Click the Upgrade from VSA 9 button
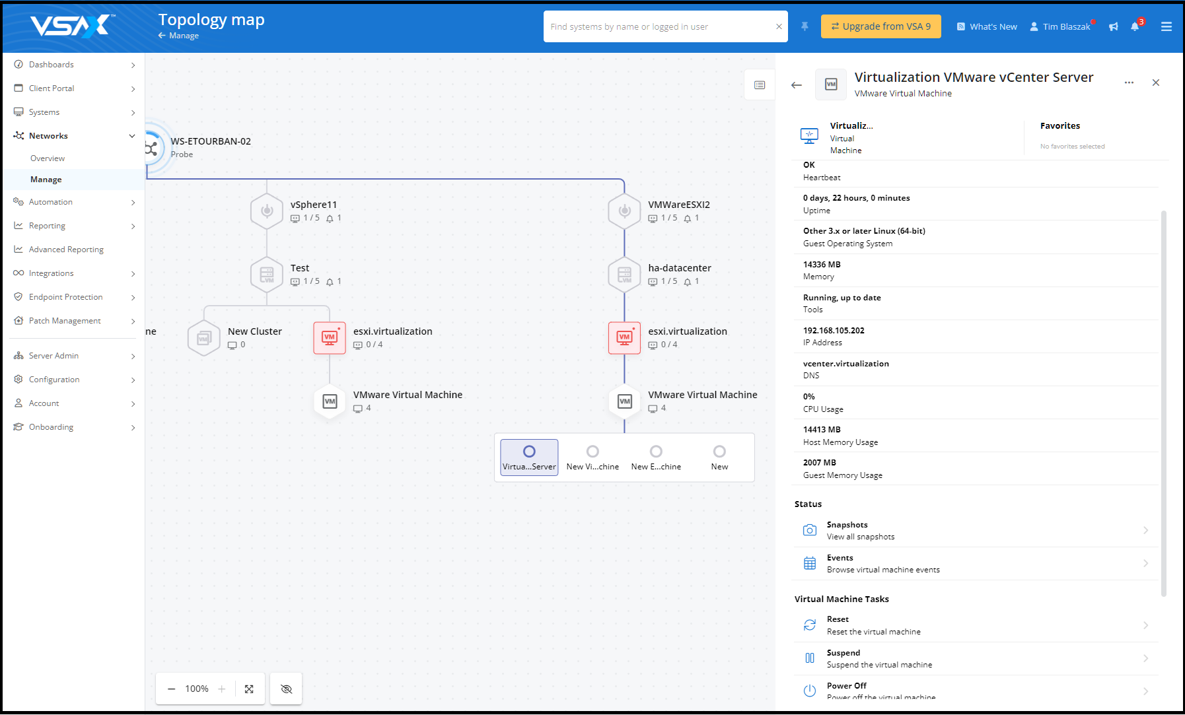[x=880, y=26]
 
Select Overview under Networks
[x=48, y=158]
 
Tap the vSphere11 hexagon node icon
[x=267, y=211]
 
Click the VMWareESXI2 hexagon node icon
[x=624, y=211]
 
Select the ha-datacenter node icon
[x=624, y=275]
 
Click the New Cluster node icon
[x=204, y=338]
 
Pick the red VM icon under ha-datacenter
[x=624, y=338]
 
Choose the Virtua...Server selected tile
[x=529, y=458]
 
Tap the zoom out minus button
[x=172, y=689]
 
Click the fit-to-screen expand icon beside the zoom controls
[x=249, y=689]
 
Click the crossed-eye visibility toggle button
[x=286, y=689]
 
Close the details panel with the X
[x=1156, y=83]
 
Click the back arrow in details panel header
[x=797, y=85]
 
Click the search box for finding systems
[x=661, y=26]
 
